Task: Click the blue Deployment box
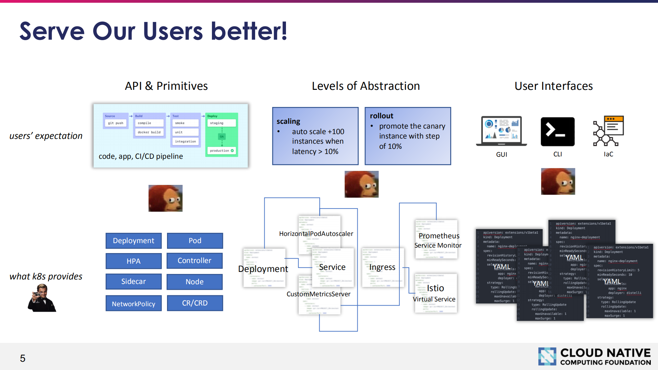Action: click(133, 241)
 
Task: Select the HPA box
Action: click(133, 261)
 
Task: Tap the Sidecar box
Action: click(133, 282)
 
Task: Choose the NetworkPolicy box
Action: click(133, 303)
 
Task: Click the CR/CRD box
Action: click(195, 303)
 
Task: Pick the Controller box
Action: click(194, 261)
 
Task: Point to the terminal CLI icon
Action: click(558, 132)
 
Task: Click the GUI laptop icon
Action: click(501, 131)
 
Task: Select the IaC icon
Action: click(608, 131)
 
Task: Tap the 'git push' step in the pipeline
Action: click(116, 123)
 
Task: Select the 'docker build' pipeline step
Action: click(149, 132)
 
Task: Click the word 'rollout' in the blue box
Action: click(381, 116)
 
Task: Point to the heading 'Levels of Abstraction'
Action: click(366, 86)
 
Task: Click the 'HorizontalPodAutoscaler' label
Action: click(316, 234)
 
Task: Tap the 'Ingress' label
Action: click(382, 267)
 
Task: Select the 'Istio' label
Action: click(435, 288)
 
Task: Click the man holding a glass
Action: click(41, 299)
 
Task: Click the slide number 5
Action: click(23, 358)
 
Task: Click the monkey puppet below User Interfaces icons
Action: click(558, 181)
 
